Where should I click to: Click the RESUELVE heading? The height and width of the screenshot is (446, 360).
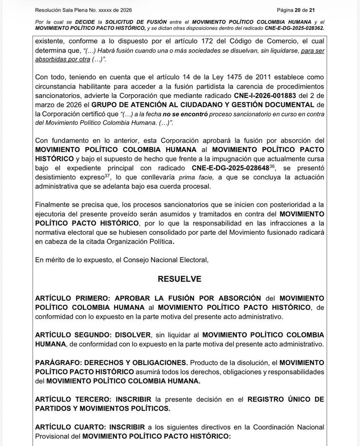click(x=180, y=279)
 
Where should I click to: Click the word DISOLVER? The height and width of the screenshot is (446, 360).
click(x=133, y=335)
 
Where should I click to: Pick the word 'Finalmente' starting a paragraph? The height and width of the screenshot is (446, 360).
click(x=54, y=204)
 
